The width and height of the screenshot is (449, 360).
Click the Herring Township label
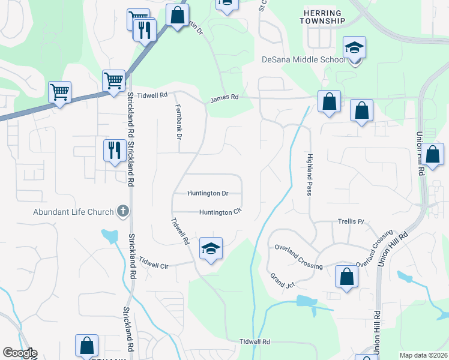[x=323, y=17]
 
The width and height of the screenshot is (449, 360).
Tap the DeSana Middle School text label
[x=304, y=59]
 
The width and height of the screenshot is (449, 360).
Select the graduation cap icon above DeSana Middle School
[x=355, y=49]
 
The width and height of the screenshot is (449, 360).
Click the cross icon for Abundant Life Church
[x=123, y=211]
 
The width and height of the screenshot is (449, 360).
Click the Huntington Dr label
[x=208, y=193]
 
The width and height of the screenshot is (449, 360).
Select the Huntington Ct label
[x=220, y=212]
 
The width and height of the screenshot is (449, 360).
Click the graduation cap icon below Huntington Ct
[x=211, y=248]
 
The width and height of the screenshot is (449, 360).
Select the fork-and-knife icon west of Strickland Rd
[x=114, y=150]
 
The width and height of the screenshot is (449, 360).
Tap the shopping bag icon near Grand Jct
[x=346, y=277]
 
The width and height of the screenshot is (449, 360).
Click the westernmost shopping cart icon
[x=59, y=92]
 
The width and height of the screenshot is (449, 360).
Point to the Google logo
[x=20, y=353]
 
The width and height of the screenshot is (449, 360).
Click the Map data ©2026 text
[x=423, y=355]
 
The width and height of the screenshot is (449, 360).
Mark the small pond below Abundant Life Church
[x=110, y=236]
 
